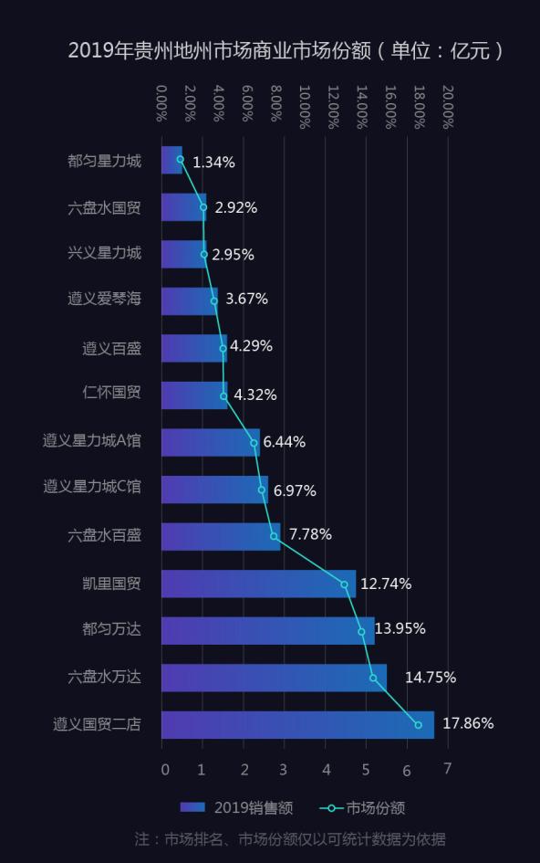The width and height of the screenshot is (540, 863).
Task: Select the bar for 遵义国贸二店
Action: (x=297, y=725)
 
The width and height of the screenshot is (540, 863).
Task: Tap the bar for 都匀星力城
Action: (x=171, y=160)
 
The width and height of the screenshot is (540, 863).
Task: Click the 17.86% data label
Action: (x=468, y=723)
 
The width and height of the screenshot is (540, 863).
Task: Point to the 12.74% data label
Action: (x=386, y=584)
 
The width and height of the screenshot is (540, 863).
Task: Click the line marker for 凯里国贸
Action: (x=344, y=584)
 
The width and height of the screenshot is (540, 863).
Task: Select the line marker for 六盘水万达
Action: (x=373, y=678)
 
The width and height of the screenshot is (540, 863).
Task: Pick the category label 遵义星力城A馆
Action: (x=92, y=441)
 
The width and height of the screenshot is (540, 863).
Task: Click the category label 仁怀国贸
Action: (x=111, y=394)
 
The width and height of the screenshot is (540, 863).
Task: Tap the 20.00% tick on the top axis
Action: (x=446, y=106)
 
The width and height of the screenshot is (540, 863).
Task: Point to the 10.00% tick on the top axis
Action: (x=304, y=106)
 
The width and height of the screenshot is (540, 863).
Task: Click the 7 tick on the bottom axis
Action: (x=447, y=769)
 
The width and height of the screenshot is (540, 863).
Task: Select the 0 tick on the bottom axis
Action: (x=164, y=769)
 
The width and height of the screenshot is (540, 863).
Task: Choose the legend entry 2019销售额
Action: (x=236, y=807)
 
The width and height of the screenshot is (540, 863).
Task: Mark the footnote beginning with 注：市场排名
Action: (x=290, y=838)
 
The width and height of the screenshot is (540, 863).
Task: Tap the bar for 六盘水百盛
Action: (x=221, y=536)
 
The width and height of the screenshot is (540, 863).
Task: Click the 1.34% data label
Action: (x=213, y=163)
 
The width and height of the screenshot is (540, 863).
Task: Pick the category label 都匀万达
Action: (x=111, y=629)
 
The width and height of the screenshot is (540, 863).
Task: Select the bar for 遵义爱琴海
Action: (x=190, y=300)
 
